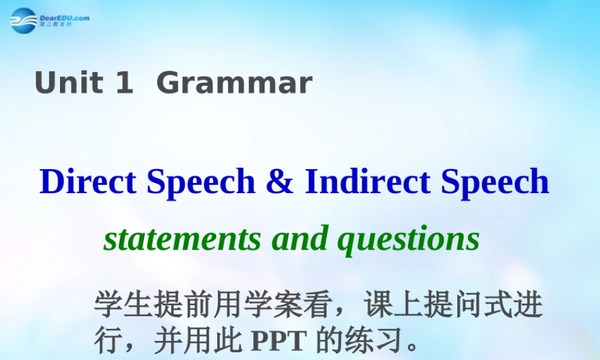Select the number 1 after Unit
click(x=123, y=83)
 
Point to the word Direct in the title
click(x=88, y=181)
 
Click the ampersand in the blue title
click(x=280, y=181)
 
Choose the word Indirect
click(x=368, y=181)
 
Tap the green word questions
click(x=409, y=239)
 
